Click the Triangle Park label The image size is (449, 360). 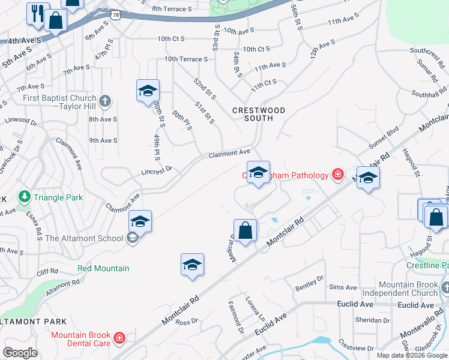(x=58, y=197)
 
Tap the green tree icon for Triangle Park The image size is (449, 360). (x=25, y=196)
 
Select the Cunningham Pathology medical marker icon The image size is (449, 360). (x=339, y=175)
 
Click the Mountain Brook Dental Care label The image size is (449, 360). (x=80, y=339)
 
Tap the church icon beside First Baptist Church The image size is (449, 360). (x=105, y=101)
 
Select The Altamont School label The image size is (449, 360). (x=84, y=238)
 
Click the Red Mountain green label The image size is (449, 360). (x=103, y=268)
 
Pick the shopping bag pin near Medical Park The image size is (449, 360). (x=246, y=230)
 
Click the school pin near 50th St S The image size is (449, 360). (x=148, y=91)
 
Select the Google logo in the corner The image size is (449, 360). (x=20, y=353)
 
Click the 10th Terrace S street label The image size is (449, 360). (x=186, y=59)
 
